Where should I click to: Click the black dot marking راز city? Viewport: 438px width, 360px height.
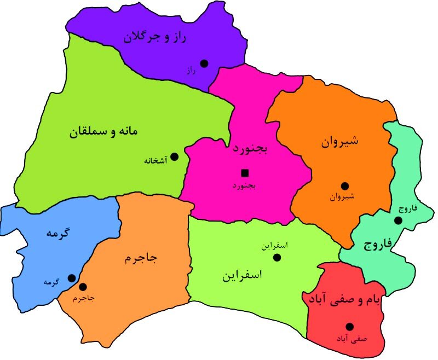click(204, 63)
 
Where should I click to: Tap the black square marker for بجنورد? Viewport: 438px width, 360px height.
click(244, 173)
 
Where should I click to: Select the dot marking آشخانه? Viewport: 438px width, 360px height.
click(174, 156)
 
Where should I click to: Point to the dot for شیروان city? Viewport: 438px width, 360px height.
click(344, 185)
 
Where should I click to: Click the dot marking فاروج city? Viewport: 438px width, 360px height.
click(398, 220)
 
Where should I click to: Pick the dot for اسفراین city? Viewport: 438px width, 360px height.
click(277, 258)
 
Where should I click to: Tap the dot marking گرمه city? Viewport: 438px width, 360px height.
click(71, 278)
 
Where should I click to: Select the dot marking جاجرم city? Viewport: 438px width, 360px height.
click(83, 287)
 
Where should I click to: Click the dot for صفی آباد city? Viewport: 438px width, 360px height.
click(349, 327)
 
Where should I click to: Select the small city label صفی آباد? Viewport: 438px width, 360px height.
click(353, 339)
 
